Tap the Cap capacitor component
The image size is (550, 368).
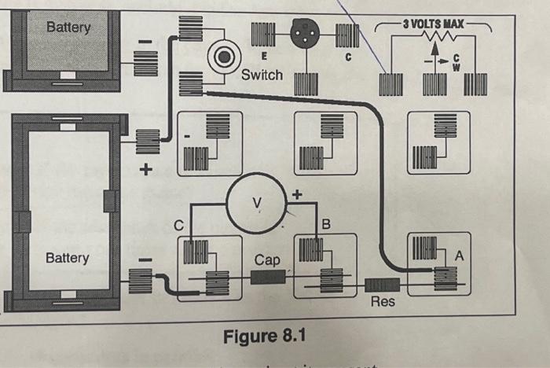coord(268,276)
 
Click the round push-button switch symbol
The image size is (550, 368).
coord(223,56)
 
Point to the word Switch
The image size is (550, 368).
coord(262,75)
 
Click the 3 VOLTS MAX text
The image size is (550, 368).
coord(433,24)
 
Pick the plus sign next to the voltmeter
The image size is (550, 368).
coord(297,192)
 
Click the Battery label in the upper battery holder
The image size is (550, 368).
coord(68,28)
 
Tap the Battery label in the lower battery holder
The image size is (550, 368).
coord(67,258)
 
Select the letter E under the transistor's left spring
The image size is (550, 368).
coord(263,58)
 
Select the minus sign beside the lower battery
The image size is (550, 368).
coord(143,258)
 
